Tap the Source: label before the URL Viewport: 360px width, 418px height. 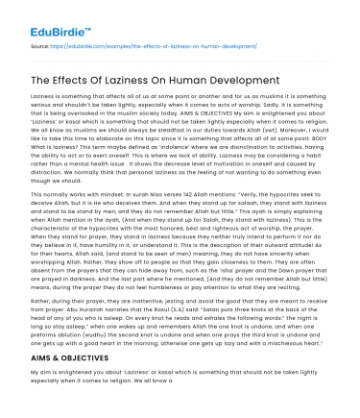42,43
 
